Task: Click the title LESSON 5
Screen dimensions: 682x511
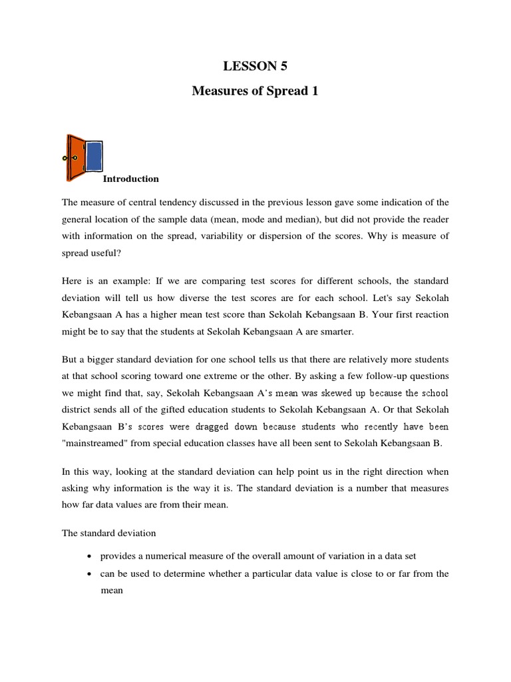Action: pos(255,65)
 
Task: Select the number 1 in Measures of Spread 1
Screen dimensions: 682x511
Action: pos(315,91)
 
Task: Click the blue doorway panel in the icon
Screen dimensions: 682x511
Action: pos(94,157)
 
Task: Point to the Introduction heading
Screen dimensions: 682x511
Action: pos(130,178)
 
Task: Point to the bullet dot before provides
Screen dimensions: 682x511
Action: pos(89,556)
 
